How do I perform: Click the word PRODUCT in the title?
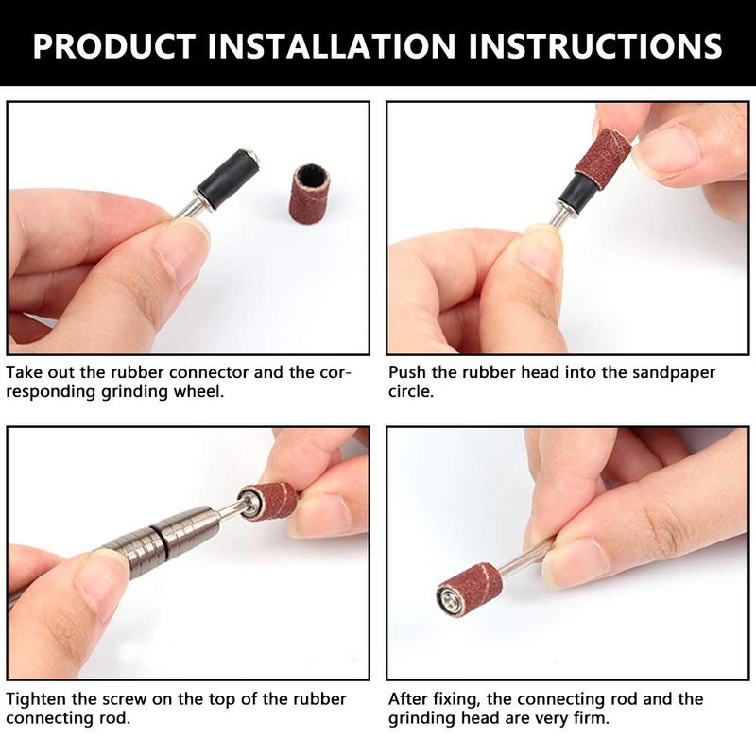(114, 45)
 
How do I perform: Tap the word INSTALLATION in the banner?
(332, 45)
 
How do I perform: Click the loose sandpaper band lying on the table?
(308, 193)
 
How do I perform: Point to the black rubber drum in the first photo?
(228, 179)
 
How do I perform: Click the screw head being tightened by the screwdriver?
(250, 504)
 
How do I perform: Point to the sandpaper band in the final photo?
(470, 588)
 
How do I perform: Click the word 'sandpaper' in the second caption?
(674, 372)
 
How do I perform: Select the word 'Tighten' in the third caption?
(36, 699)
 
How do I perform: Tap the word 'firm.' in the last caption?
(592, 718)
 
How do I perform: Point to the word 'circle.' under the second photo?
(411, 391)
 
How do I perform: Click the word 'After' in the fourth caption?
(408, 699)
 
